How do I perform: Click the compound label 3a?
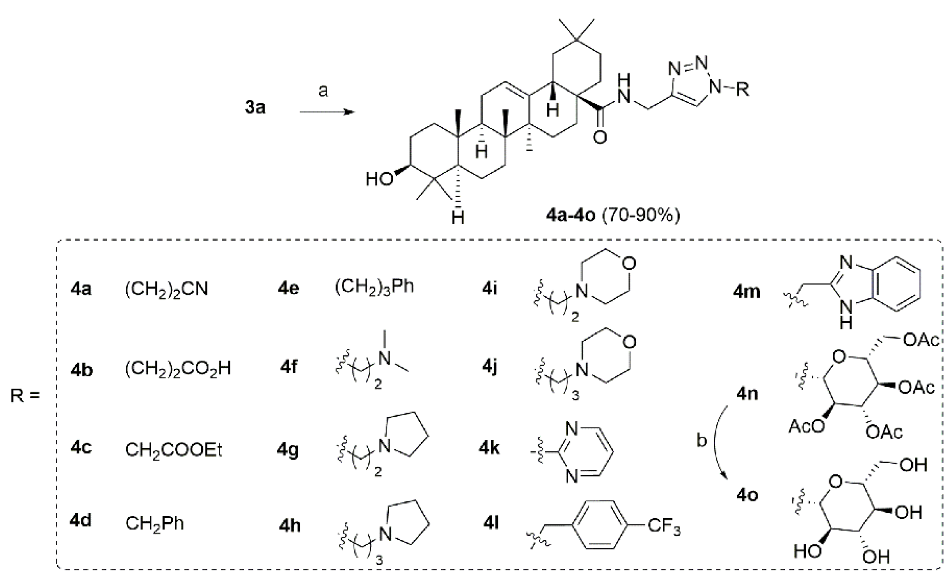(255, 107)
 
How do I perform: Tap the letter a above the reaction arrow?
(323, 91)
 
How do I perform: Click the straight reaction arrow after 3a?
(327, 112)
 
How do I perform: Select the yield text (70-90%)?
(641, 215)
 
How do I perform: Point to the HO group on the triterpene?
(380, 179)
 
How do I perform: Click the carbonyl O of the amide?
(600, 137)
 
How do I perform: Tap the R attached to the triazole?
(742, 90)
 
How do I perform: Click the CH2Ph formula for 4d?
(155, 524)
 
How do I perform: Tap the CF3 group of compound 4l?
(664, 527)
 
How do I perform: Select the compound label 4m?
(747, 292)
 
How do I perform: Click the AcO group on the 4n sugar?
(807, 426)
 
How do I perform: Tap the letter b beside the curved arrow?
(701, 440)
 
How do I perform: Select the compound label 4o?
(747, 495)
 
